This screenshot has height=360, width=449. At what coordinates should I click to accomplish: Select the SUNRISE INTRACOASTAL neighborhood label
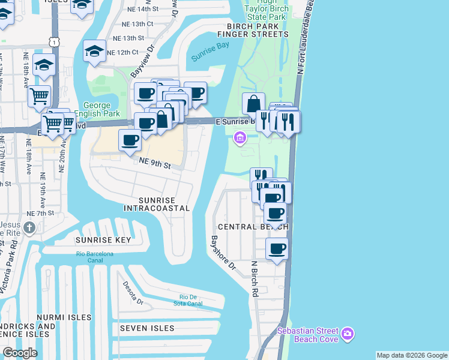point(157,204)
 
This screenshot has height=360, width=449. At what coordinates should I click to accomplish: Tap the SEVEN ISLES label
point(147,328)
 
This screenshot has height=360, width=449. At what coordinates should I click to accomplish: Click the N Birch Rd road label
point(255,278)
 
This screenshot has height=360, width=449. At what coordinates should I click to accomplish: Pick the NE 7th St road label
point(41,213)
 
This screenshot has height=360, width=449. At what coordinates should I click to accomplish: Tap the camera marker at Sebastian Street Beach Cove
point(348,334)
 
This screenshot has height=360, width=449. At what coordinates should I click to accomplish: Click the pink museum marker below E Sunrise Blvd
point(240,139)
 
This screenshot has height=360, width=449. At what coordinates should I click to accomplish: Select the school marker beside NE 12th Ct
point(95,51)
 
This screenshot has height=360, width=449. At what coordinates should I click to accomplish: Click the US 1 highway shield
point(55,41)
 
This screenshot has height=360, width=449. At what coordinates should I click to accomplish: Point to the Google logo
point(20,353)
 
